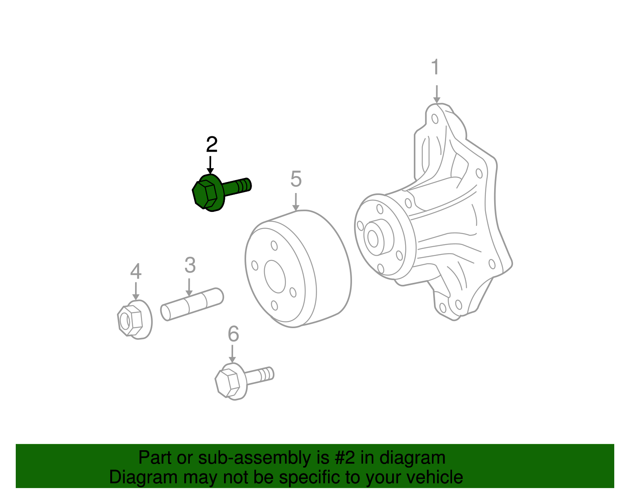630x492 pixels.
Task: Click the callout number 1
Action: pos(435,67)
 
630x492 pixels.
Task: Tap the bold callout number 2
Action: pos(211,145)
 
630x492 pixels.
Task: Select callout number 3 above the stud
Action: pos(190,265)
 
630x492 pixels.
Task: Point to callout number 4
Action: pos(135,271)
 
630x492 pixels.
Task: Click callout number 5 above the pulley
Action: pos(296,179)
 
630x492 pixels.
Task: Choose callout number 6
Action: pos(233,334)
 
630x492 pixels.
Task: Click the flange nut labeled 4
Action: pos(134,320)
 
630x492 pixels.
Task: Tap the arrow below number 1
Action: pos(436,95)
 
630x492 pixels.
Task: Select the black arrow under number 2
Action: pos(211,165)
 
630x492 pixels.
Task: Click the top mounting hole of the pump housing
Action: pos(435,119)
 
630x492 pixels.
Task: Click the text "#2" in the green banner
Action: pos(345,458)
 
